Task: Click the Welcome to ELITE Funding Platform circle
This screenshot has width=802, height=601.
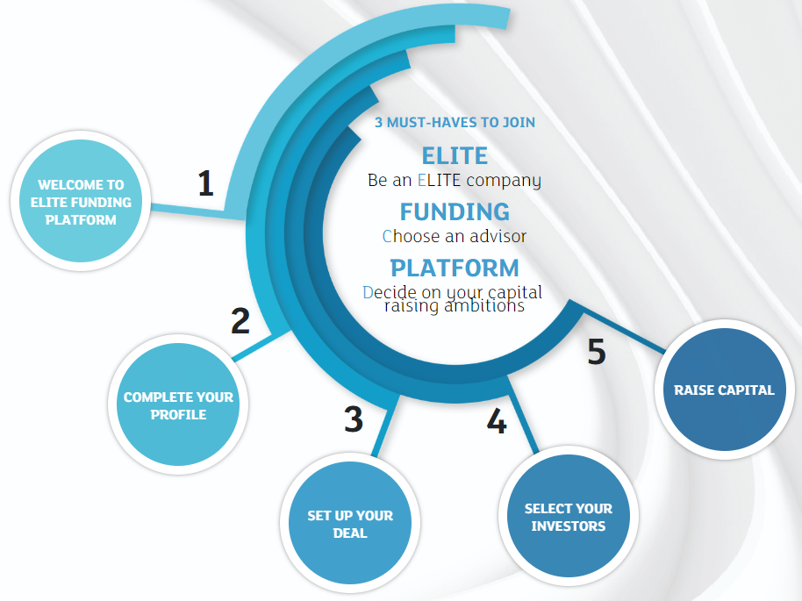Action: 81,201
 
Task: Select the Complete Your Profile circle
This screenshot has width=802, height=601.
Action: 178,404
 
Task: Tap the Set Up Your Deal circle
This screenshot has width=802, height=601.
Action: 350,523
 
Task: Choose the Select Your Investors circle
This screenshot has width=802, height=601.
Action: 569,516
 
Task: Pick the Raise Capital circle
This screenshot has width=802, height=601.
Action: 724,390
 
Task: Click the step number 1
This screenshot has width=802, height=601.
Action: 205,183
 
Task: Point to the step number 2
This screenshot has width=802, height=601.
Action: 240,321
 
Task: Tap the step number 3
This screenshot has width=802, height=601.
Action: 354,419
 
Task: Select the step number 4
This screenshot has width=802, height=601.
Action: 496,421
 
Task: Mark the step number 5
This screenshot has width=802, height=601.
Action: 597,352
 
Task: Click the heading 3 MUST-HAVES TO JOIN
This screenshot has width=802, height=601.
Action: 455,122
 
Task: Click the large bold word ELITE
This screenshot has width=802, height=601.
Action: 455,155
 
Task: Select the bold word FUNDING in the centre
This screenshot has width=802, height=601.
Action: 455,211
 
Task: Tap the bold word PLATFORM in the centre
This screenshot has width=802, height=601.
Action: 455,268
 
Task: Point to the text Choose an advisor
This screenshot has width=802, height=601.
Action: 455,236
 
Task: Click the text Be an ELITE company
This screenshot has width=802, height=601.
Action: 455,180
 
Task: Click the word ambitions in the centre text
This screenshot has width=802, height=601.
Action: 484,306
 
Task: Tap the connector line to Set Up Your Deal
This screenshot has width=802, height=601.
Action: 386,425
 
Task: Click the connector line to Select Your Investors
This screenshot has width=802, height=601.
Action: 523,415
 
